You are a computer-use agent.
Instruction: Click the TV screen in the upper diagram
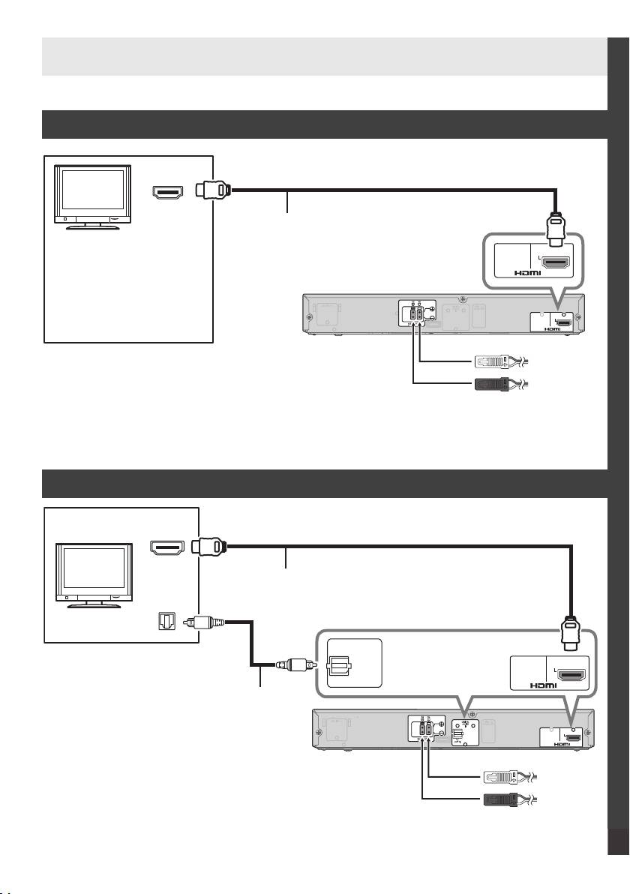[92, 193]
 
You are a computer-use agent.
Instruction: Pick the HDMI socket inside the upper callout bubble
[556, 263]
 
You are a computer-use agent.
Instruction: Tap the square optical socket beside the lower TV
[165, 622]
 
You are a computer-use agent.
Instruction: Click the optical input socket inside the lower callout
[340, 664]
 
